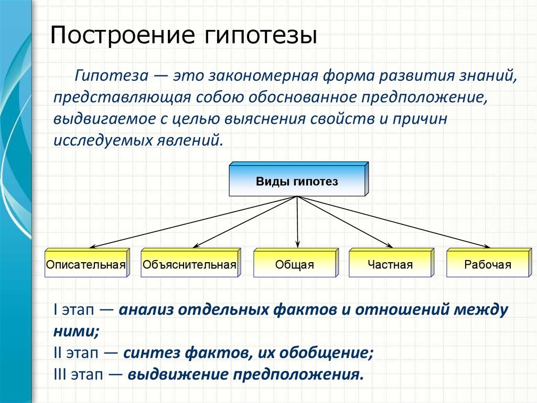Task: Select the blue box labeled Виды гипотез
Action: tap(297, 182)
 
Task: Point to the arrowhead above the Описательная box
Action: tap(93, 246)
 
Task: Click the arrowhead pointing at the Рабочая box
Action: tap(486, 245)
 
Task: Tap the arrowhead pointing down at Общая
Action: tap(298, 244)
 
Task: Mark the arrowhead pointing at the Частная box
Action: tap(390, 245)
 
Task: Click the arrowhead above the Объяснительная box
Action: tap(197, 245)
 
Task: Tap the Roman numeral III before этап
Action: tap(60, 375)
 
